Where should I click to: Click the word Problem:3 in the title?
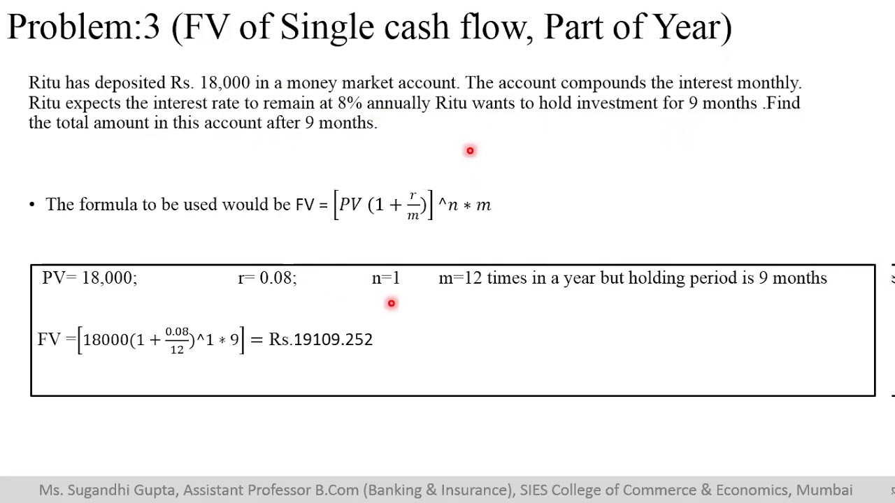(83, 28)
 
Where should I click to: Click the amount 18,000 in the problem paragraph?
(224, 83)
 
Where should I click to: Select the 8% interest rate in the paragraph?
(350, 103)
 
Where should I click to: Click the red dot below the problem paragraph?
(470, 151)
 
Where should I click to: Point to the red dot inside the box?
(392, 303)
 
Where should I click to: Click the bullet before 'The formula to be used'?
(32, 205)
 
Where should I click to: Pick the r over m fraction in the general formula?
(413, 205)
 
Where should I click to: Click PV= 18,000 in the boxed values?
(89, 278)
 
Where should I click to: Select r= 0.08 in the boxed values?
(267, 278)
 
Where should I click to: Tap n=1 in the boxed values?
(386, 278)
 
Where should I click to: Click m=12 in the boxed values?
(460, 278)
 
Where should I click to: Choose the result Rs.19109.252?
(321, 340)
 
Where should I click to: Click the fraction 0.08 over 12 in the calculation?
(177, 340)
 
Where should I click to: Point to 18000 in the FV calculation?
(106, 340)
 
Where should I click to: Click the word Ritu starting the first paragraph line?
(44, 83)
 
